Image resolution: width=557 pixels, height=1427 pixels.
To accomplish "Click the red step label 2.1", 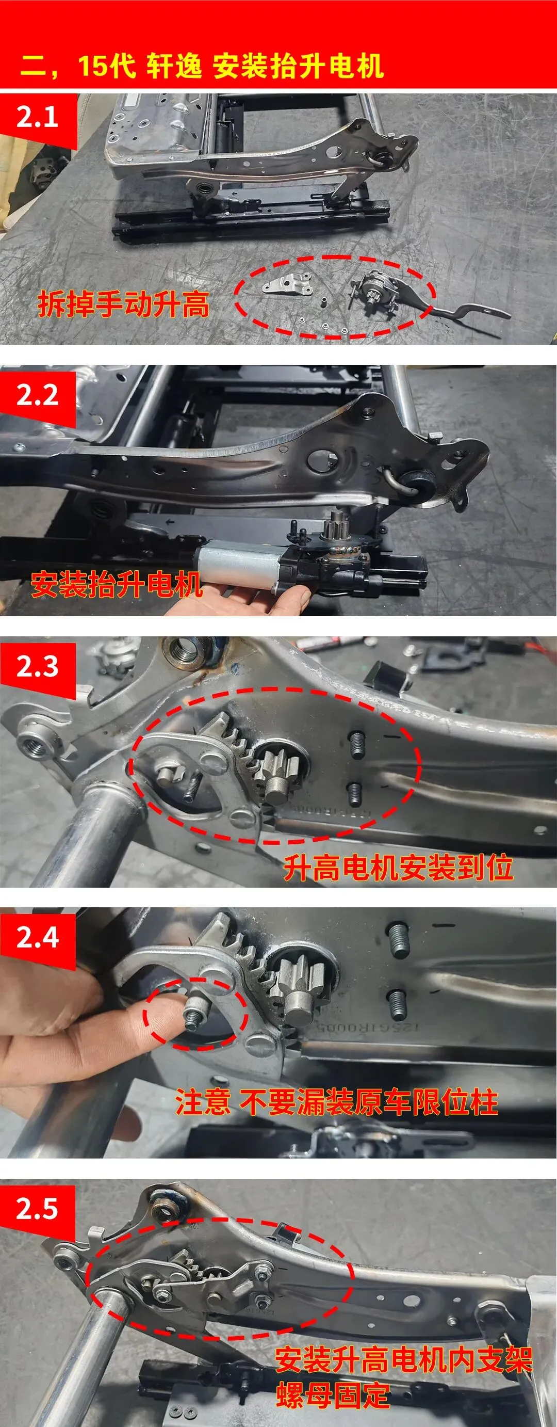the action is (x=37, y=117).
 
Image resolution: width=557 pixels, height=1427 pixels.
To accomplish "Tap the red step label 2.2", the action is (x=37, y=394).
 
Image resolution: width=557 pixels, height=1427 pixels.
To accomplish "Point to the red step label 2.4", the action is (x=37, y=937).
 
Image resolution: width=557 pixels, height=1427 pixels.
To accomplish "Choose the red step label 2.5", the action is (x=37, y=1208).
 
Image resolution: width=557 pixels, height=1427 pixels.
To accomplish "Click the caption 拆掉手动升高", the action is (x=123, y=304).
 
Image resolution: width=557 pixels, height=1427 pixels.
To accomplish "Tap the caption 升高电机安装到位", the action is (x=399, y=868).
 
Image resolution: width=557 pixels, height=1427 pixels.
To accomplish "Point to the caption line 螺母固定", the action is (x=333, y=1395).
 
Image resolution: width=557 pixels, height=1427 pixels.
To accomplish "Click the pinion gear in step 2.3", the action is (x=276, y=770).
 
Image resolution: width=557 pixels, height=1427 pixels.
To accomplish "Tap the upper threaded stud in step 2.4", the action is (x=399, y=940).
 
